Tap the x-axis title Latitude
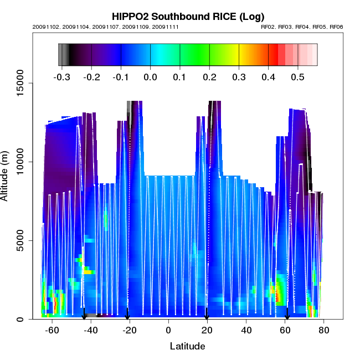point(187,346)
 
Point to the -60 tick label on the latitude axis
point(52,331)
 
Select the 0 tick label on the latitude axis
point(168,331)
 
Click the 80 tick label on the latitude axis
point(324,331)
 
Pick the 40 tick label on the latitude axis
point(246,331)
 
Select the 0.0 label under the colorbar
point(150,77)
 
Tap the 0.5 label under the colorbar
point(298,77)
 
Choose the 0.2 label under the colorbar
point(209,77)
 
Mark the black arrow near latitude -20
point(127,315)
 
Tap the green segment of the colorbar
point(186,55)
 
